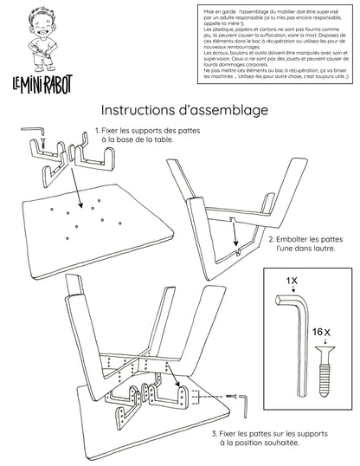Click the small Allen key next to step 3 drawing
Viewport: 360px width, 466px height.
tap(245, 400)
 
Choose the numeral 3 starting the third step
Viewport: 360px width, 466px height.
tap(214, 431)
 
